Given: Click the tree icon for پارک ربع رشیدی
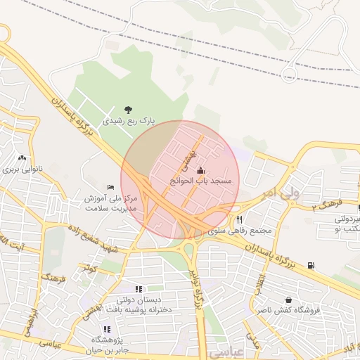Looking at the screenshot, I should pyautogui.click(x=128, y=109).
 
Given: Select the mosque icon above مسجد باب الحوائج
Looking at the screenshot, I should pyautogui.click(x=201, y=169).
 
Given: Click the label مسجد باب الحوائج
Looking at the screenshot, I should pyautogui.click(x=202, y=181).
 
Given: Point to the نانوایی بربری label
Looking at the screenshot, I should pyautogui.click(x=23, y=169).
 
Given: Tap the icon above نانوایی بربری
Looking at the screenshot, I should pyautogui.click(x=22, y=157).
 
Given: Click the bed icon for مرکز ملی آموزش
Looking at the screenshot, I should pyautogui.click(x=109, y=186).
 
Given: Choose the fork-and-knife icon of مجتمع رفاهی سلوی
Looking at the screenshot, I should pyautogui.click(x=239, y=219).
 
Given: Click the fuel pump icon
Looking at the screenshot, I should pyautogui.click(x=311, y=266).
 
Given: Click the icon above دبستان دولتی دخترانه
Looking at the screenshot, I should pyautogui.click(x=139, y=289).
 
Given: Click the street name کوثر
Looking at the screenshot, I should pyautogui.click(x=87, y=269).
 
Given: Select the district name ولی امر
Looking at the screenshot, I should pyautogui.click(x=284, y=191).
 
